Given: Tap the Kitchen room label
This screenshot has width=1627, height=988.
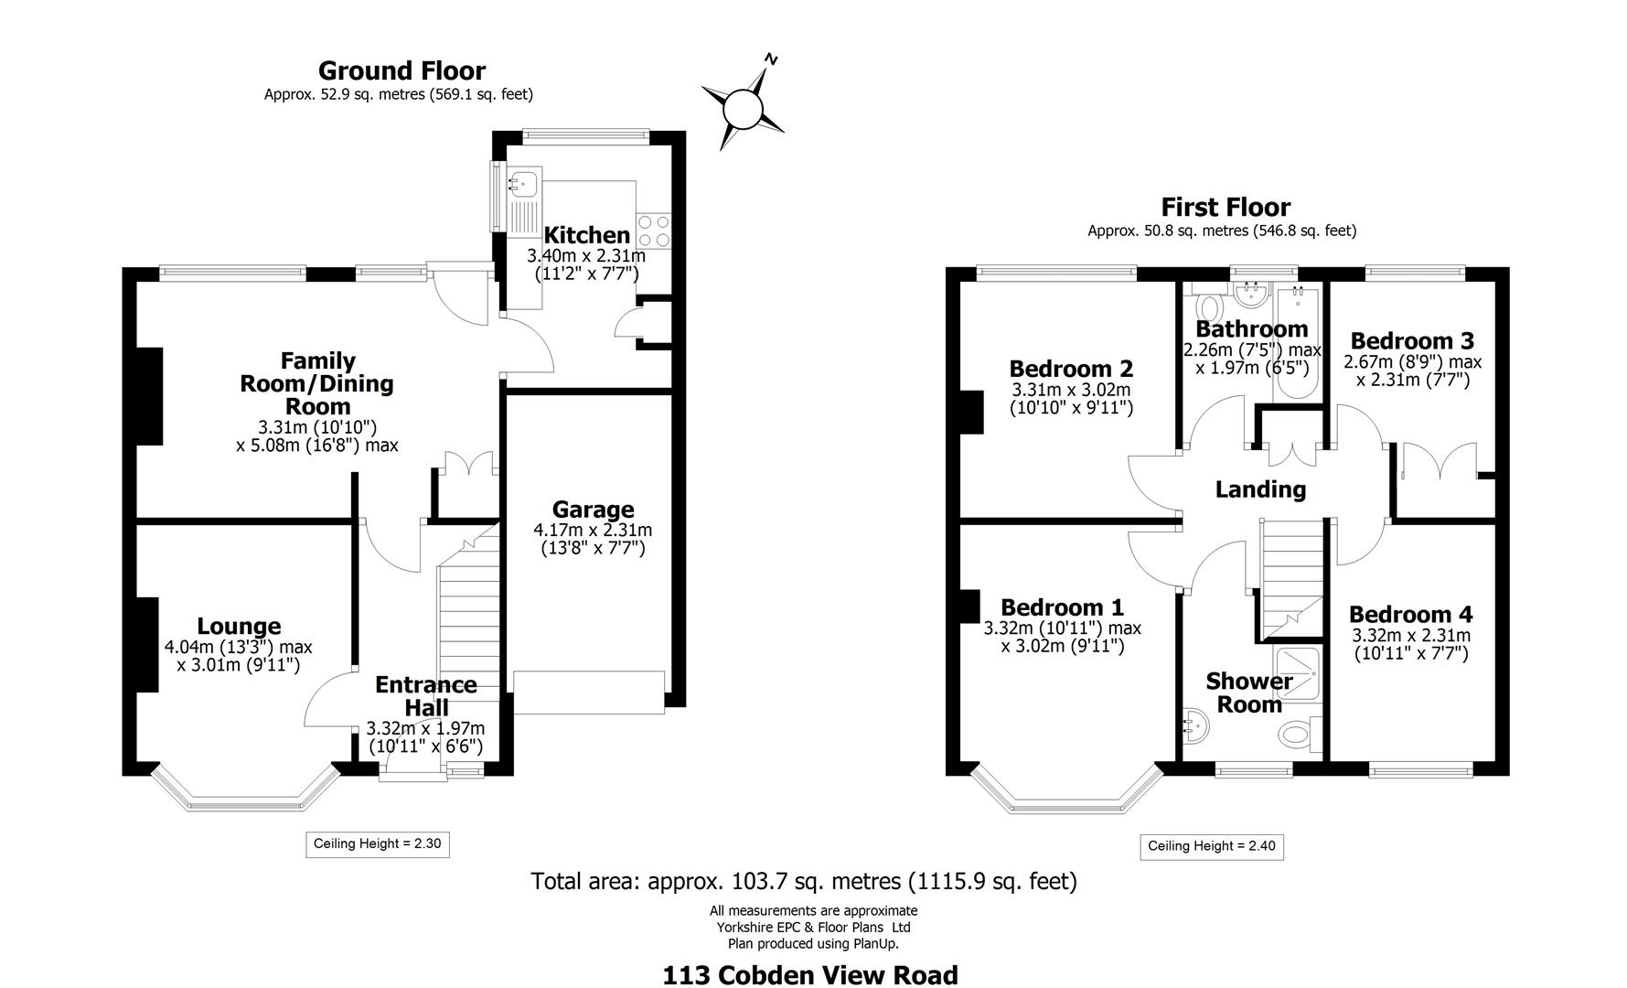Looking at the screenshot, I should [586, 235].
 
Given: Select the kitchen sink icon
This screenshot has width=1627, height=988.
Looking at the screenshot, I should [524, 183].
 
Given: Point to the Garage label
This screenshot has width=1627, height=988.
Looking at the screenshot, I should [593, 510].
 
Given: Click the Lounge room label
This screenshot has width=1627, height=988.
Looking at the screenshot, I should [239, 627].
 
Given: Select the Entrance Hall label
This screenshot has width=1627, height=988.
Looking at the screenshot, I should [426, 696].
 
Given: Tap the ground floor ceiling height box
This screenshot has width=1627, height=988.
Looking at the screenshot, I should [377, 843].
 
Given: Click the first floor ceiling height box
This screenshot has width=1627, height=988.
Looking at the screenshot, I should [1211, 846].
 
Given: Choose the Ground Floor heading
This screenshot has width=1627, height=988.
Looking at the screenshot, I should [401, 70].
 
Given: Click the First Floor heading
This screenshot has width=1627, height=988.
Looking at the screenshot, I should [1226, 207].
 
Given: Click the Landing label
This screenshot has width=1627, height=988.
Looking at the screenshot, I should [1260, 489].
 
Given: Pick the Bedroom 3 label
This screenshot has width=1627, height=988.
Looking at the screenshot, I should [1411, 341].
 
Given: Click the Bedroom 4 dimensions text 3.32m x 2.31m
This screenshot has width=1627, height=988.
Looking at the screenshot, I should [1411, 635].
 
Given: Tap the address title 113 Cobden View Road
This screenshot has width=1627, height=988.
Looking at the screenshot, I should [809, 975].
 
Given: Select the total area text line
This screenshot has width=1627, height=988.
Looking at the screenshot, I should [804, 882].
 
